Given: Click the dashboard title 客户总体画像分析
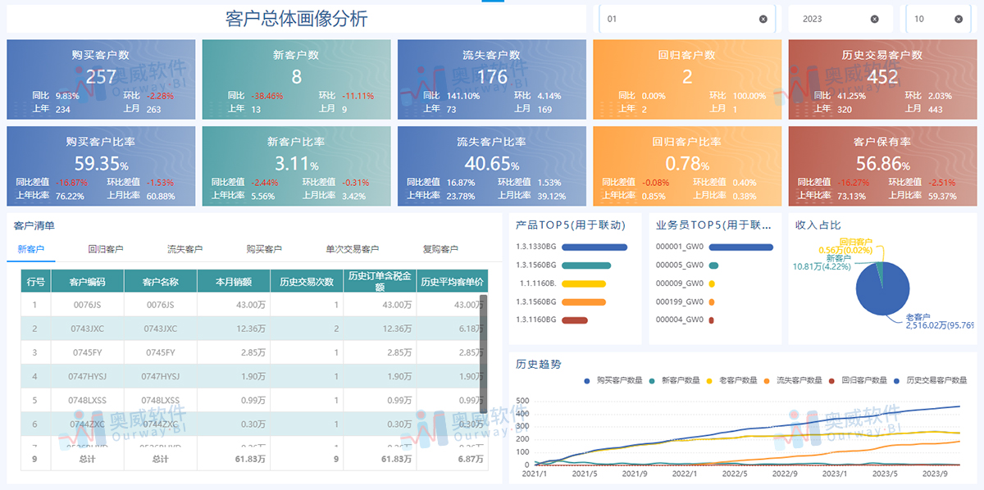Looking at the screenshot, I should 296,19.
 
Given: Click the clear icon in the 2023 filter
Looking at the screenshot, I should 874,19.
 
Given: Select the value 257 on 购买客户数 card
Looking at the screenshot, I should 101,76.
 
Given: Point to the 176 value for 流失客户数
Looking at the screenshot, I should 492,76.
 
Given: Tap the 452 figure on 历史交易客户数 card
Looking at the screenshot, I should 882,76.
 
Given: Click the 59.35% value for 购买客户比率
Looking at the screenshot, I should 101,163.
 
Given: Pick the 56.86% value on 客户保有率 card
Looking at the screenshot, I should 882,163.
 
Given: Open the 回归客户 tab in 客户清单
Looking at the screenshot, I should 106,249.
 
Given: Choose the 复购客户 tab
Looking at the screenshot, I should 440,249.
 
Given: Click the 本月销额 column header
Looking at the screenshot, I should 234,281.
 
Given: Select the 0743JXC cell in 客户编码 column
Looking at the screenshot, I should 87,329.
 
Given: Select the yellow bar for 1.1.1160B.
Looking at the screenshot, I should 584,284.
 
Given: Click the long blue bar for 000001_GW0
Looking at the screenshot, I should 740,247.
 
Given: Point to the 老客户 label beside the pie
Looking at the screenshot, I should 917,316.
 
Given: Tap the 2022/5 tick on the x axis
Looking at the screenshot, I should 735,474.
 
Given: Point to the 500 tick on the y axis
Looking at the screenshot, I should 522,402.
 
